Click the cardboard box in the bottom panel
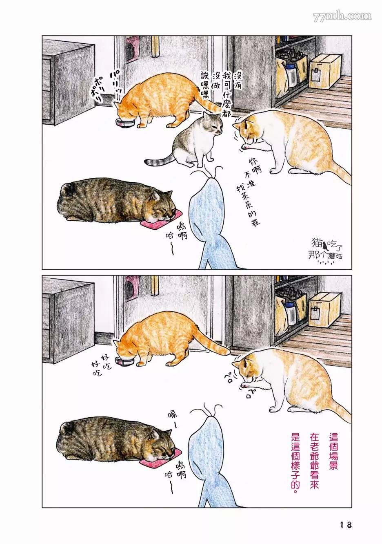pyautogui.click(x=324, y=309)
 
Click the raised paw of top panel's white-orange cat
pyautogui.click(x=246, y=146)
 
